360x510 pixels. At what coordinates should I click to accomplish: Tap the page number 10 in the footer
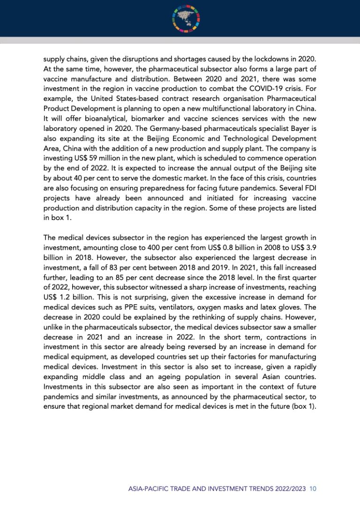click(313, 489)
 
